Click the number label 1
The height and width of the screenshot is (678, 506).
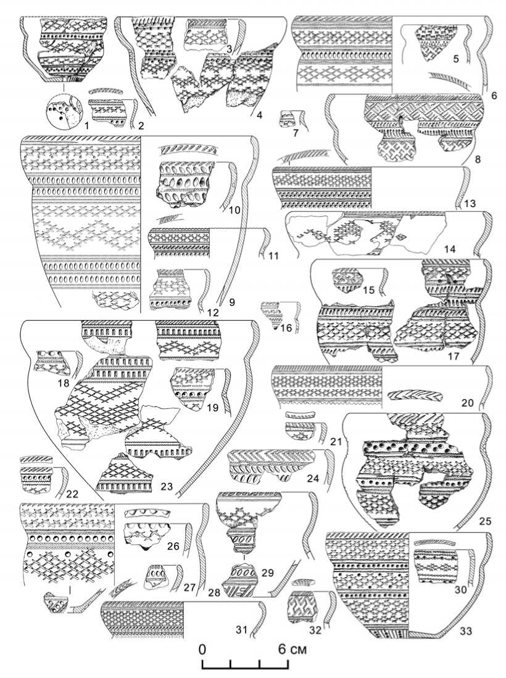(86, 126)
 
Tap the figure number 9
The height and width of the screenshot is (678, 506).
(232, 302)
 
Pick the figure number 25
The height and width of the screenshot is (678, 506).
(485, 521)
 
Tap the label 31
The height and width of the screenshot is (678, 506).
(241, 630)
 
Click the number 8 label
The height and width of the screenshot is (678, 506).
(478, 160)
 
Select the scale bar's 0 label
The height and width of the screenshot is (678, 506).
(202, 649)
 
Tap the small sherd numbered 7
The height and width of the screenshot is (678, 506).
(288, 119)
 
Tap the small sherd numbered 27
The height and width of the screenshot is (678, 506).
(157, 577)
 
